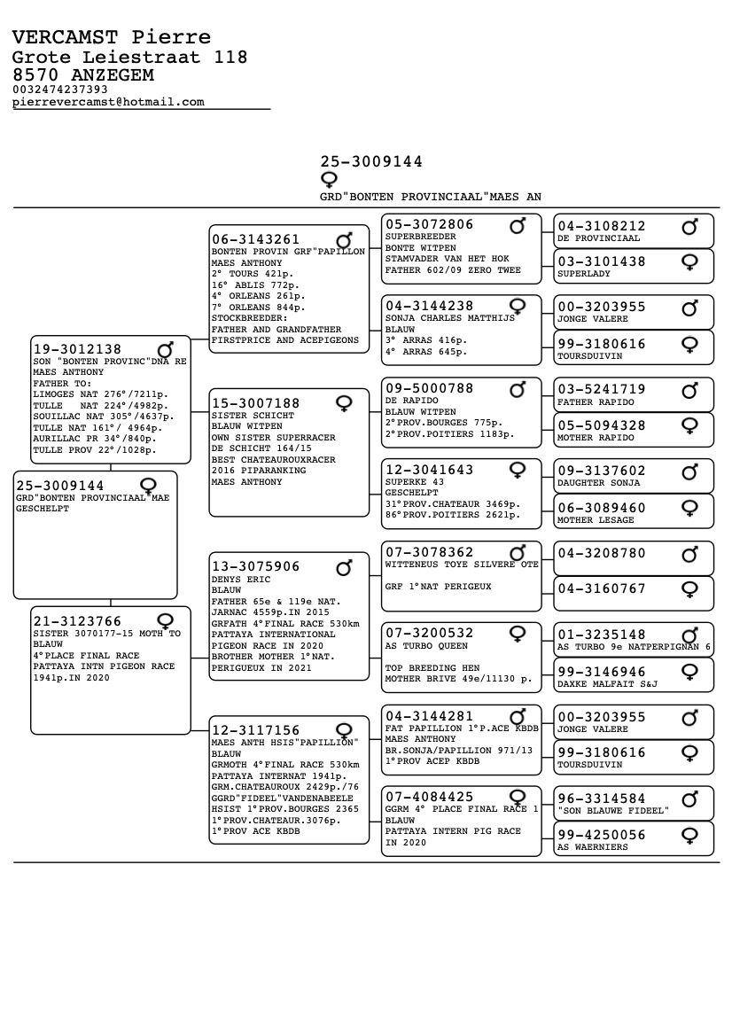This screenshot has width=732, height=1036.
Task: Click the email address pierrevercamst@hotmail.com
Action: tap(108, 102)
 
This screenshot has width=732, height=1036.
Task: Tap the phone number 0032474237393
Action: tap(60, 90)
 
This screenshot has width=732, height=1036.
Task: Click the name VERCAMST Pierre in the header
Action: tap(112, 37)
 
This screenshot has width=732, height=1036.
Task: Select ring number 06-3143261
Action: tap(255, 239)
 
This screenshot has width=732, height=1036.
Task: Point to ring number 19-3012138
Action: tap(77, 349)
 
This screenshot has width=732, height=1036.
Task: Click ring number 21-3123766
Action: tap(77, 621)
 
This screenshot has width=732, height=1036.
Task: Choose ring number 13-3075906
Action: tap(255, 566)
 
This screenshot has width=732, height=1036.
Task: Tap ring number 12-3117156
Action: tap(255, 730)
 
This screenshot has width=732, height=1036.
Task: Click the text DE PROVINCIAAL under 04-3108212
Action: tap(598, 238)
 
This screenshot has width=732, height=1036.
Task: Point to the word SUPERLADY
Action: tap(583, 274)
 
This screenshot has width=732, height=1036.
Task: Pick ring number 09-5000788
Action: tap(430, 388)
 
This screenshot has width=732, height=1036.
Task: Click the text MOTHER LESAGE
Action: tap(596, 520)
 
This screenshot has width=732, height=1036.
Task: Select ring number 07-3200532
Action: tap(430, 633)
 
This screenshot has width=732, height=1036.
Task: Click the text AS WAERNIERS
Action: tap(592, 847)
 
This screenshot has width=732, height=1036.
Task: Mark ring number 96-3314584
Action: tap(602, 798)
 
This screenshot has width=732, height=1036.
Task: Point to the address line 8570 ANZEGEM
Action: tap(82, 75)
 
